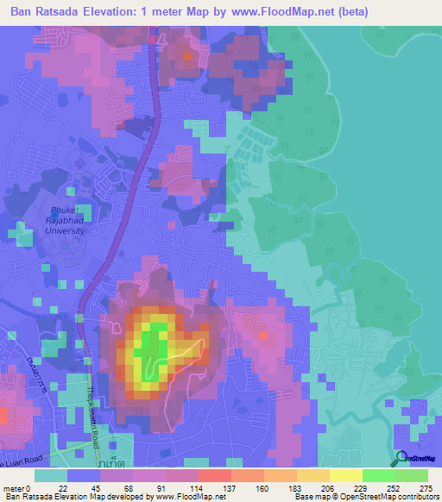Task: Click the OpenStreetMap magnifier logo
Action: (x=401, y=457)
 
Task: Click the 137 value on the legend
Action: (x=231, y=487)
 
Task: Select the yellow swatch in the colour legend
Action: (x=346, y=475)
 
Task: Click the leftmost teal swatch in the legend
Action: (x=52, y=475)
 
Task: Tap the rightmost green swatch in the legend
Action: (x=412, y=475)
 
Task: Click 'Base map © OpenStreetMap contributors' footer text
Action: (x=363, y=497)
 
